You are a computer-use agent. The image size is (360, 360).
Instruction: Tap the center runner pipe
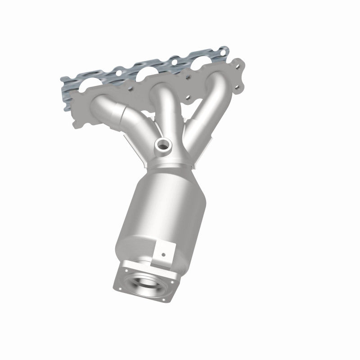(164, 108)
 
